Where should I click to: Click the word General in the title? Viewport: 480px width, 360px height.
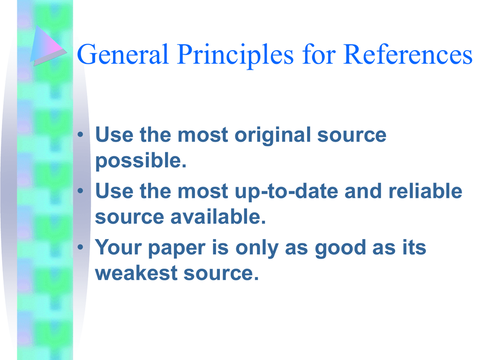click(x=123, y=54)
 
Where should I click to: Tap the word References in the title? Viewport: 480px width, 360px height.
click(x=408, y=54)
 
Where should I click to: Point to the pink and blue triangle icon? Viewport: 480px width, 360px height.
click(x=46, y=46)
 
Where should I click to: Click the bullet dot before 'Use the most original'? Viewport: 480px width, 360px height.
click(x=81, y=135)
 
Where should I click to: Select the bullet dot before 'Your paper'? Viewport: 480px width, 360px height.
click(x=81, y=247)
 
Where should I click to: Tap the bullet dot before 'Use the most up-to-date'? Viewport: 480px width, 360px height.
click(x=81, y=191)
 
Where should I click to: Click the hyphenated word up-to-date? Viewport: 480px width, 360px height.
click(x=286, y=192)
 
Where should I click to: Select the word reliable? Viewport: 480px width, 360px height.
click(x=426, y=191)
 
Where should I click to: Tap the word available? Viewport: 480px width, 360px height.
click(x=218, y=217)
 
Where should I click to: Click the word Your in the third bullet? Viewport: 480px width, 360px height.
click(x=119, y=247)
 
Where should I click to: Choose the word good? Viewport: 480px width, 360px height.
click(x=340, y=248)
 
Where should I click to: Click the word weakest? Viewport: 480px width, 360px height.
click(x=136, y=273)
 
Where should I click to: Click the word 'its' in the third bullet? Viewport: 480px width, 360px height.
click(x=414, y=247)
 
